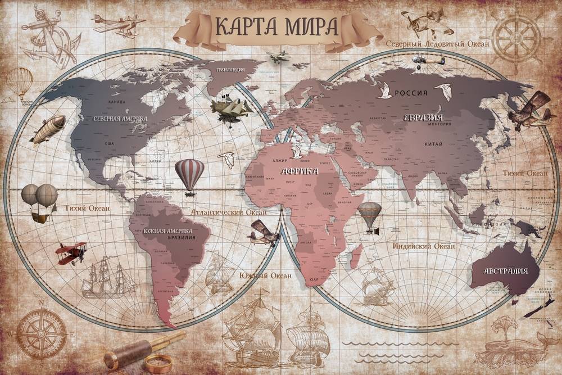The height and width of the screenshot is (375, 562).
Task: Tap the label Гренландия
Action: (x=230, y=71)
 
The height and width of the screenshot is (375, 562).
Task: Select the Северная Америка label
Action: (x=120, y=119)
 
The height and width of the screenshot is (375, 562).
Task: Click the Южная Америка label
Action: (x=167, y=231)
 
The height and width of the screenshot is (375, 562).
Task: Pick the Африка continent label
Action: (x=300, y=170)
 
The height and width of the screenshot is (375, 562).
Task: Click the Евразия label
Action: (x=423, y=117)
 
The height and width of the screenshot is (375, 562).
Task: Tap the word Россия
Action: (x=410, y=93)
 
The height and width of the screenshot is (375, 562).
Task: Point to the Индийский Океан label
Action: (x=424, y=246)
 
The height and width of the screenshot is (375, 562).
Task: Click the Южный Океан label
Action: (x=265, y=275)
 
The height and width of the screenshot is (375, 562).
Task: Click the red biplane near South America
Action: (x=71, y=252)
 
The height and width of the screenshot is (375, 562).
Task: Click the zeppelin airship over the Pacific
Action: (x=47, y=129)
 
